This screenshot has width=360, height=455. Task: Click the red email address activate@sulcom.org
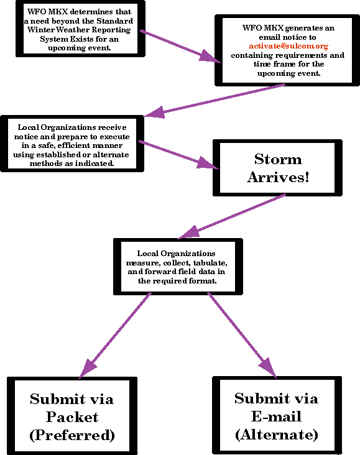[x=288, y=46]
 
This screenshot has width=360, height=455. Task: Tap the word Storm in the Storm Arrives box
[x=278, y=159]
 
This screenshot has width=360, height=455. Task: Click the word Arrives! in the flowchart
[x=278, y=177]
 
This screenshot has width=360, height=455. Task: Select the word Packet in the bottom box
[x=72, y=417]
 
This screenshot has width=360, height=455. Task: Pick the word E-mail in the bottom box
[x=276, y=416]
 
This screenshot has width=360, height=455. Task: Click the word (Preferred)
[x=72, y=435]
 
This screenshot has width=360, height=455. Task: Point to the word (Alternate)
[x=277, y=434]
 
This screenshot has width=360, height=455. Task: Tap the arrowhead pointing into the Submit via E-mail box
[x=268, y=367]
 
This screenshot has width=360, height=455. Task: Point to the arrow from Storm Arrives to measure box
[x=232, y=216]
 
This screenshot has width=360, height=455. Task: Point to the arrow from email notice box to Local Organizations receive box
[x=215, y=101]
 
